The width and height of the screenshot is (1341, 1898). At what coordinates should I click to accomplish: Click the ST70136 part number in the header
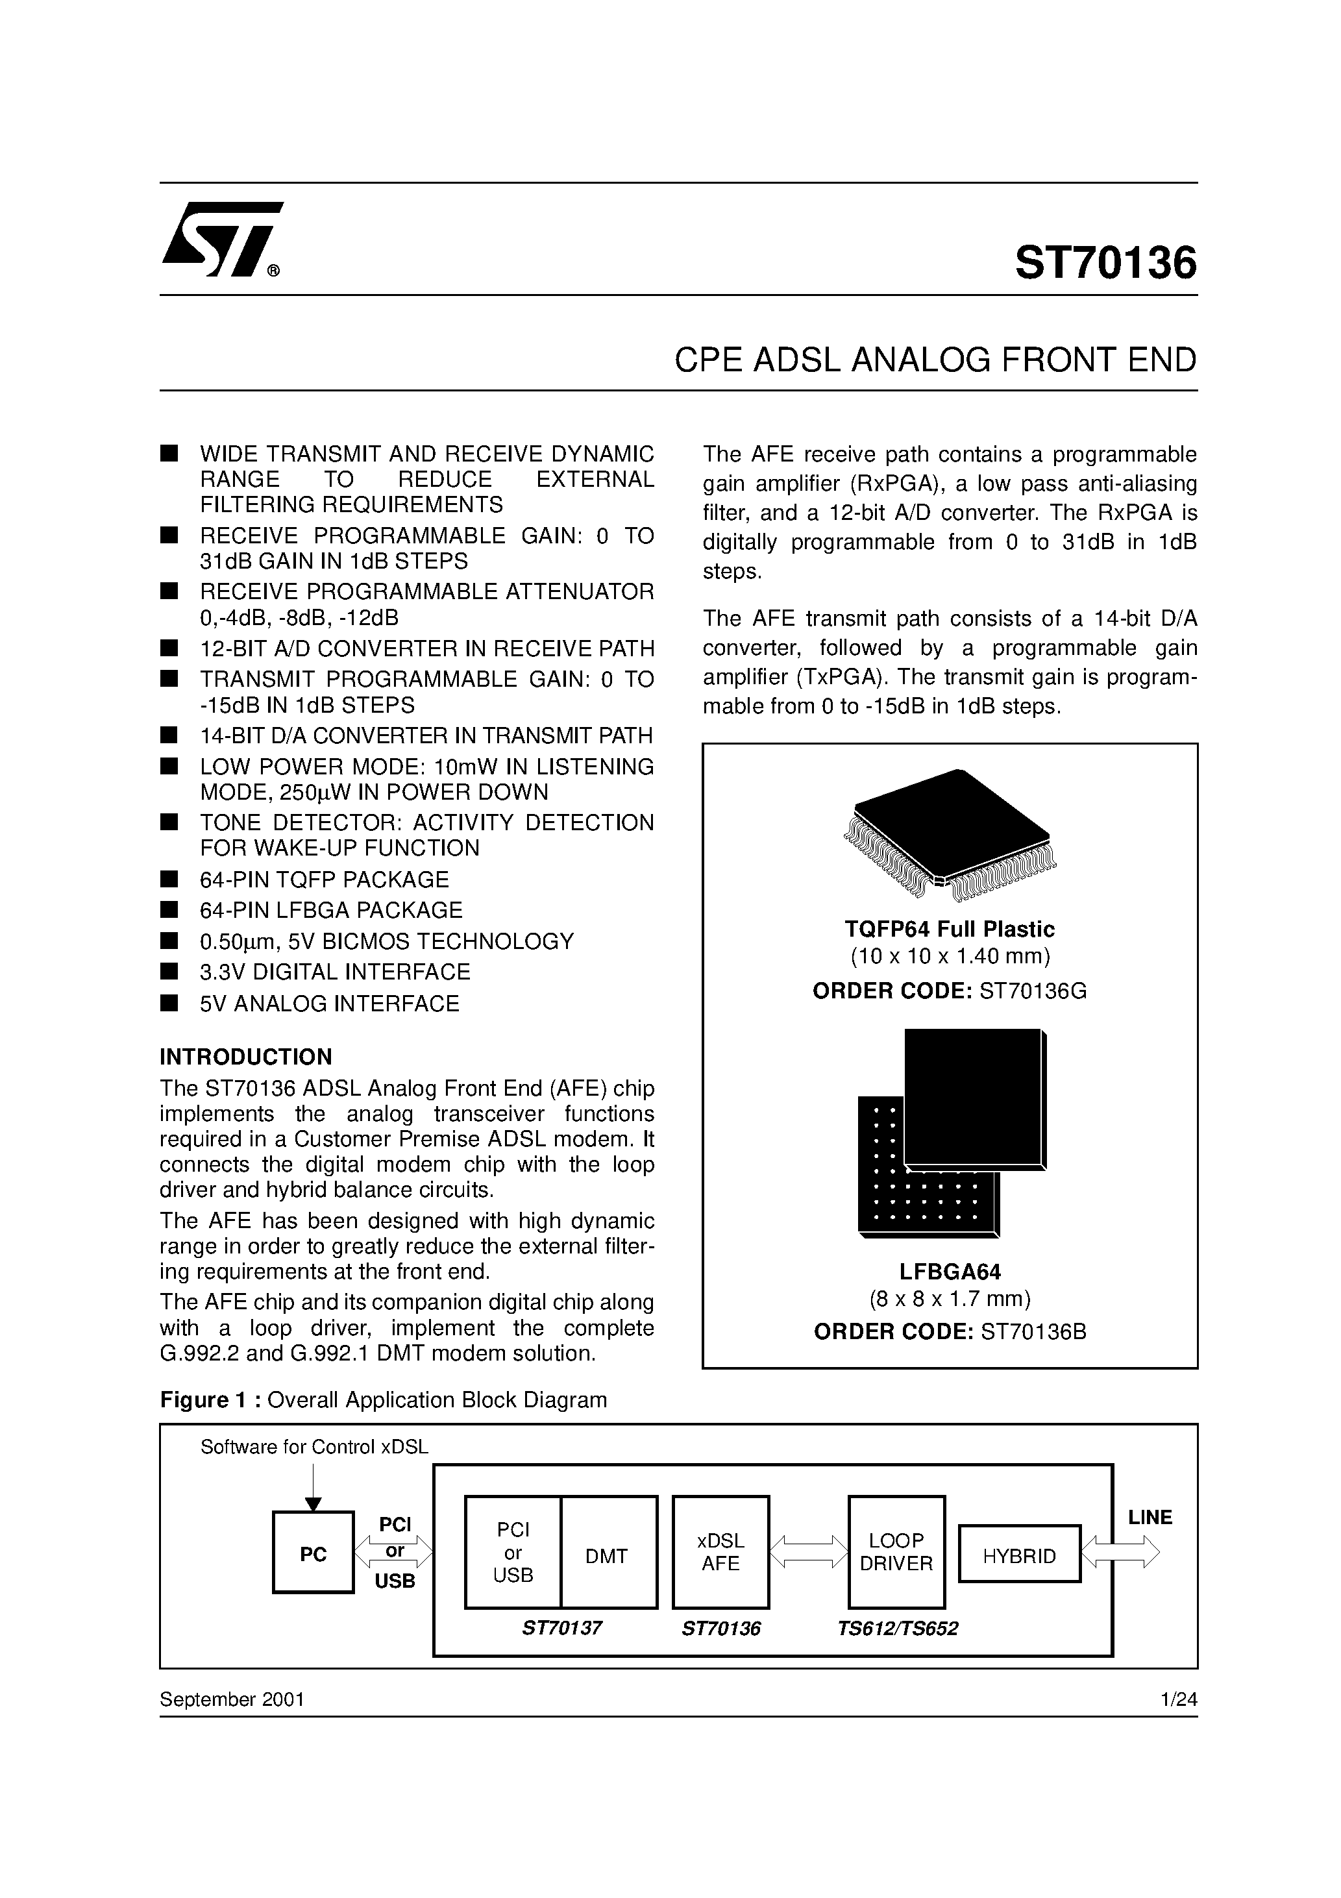tap(1105, 263)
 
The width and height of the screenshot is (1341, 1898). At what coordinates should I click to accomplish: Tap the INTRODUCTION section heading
tap(245, 1057)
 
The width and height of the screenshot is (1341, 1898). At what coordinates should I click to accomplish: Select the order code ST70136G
tap(1033, 991)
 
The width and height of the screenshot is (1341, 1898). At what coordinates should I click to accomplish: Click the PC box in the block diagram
tap(314, 1555)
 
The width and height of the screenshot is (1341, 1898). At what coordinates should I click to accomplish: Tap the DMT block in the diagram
tap(607, 1556)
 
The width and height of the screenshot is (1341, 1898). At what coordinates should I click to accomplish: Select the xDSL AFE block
tap(721, 1553)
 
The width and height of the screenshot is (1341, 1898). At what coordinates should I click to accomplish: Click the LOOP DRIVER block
tap(896, 1553)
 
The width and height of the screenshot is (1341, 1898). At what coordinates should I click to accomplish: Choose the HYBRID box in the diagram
tap(1020, 1557)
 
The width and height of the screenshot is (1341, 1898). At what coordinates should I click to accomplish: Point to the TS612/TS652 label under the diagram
tap(897, 1629)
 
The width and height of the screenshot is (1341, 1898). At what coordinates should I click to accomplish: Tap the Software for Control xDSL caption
tap(314, 1447)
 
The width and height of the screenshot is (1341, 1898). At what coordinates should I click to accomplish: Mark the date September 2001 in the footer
tap(232, 1699)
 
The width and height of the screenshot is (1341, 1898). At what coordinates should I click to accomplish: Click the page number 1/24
tap(1178, 1699)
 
